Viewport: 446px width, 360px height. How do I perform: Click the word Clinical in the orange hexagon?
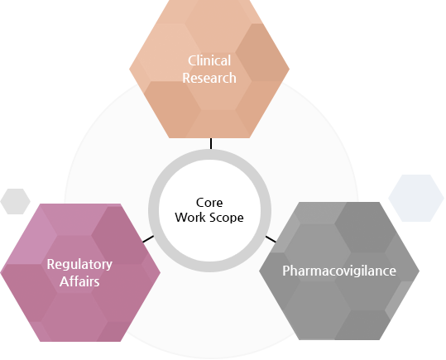pos(209,61)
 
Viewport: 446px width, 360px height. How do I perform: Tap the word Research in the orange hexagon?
pos(209,78)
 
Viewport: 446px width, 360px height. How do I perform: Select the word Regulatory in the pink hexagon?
pos(79,265)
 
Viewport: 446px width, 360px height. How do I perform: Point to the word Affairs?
pos(79,281)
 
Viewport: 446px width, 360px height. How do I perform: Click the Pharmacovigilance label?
pos(339,271)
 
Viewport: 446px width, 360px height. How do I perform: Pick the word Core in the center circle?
pos(209,202)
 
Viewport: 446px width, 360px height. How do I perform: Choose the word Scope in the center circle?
pos(228,217)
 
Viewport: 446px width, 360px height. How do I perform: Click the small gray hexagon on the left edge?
pos(16,200)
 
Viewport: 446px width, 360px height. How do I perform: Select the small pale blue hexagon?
pos(416,199)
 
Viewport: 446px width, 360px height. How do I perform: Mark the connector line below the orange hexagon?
pos(211,143)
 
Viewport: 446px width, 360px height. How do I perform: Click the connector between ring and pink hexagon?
pos(147,239)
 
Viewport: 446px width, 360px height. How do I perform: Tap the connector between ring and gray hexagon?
pos(271,238)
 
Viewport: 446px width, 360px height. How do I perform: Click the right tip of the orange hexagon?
pos(289,70)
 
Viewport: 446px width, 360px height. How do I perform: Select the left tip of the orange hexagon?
pos(131,70)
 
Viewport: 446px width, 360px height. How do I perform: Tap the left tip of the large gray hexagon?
pos(261,271)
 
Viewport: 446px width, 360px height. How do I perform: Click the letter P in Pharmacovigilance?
pos(286,271)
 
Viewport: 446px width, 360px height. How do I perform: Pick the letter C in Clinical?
pos(192,61)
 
